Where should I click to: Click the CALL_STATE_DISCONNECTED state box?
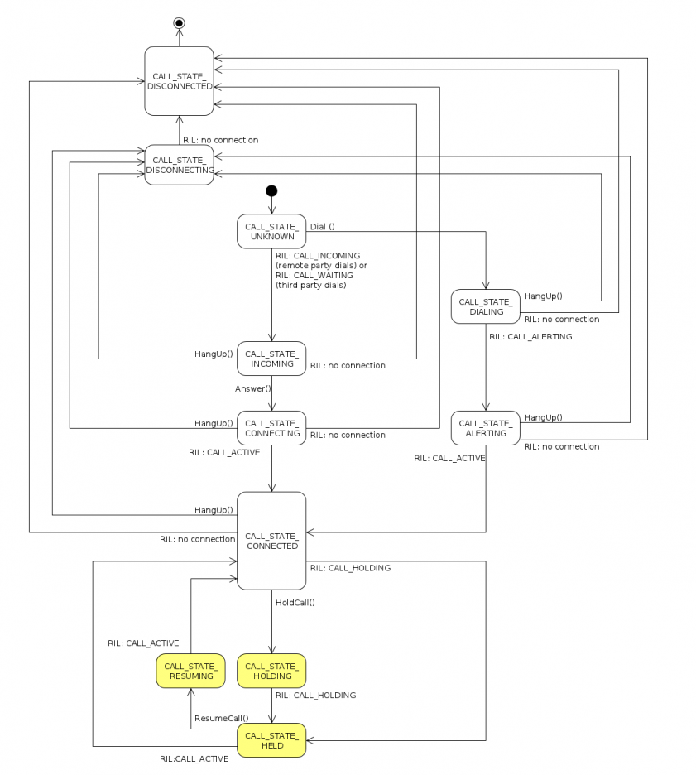[x=179, y=80]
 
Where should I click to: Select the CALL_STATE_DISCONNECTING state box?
[x=179, y=165]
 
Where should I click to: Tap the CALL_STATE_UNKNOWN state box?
[x=271, y=231]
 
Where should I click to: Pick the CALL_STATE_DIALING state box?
[x=486, y=306]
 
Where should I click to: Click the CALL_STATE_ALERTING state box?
[x=486, y=428]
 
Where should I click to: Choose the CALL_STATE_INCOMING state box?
[x=271, y=359]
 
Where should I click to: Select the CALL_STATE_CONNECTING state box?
[x=271, y=428]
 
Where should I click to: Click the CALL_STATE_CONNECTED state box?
[x=271, y=541]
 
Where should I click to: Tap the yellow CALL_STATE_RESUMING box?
[x=191, y=671]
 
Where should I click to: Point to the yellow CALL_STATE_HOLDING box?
[x=271, y=671]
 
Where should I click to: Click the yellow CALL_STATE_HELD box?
[x=271, y=740]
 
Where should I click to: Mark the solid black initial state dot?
[x=271, y=191]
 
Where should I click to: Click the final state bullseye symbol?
[x=179, y=23]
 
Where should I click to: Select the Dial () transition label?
[x=322, y=226]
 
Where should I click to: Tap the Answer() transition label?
[x=253, y=388]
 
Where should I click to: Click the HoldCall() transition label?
[x=295, y=602]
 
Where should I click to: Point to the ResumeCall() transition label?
[x=222, y=718]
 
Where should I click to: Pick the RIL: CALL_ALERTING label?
[x=530, y=337]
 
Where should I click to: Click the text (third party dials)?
[x=310, y=285]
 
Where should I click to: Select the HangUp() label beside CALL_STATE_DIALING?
[x=543, y=296]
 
